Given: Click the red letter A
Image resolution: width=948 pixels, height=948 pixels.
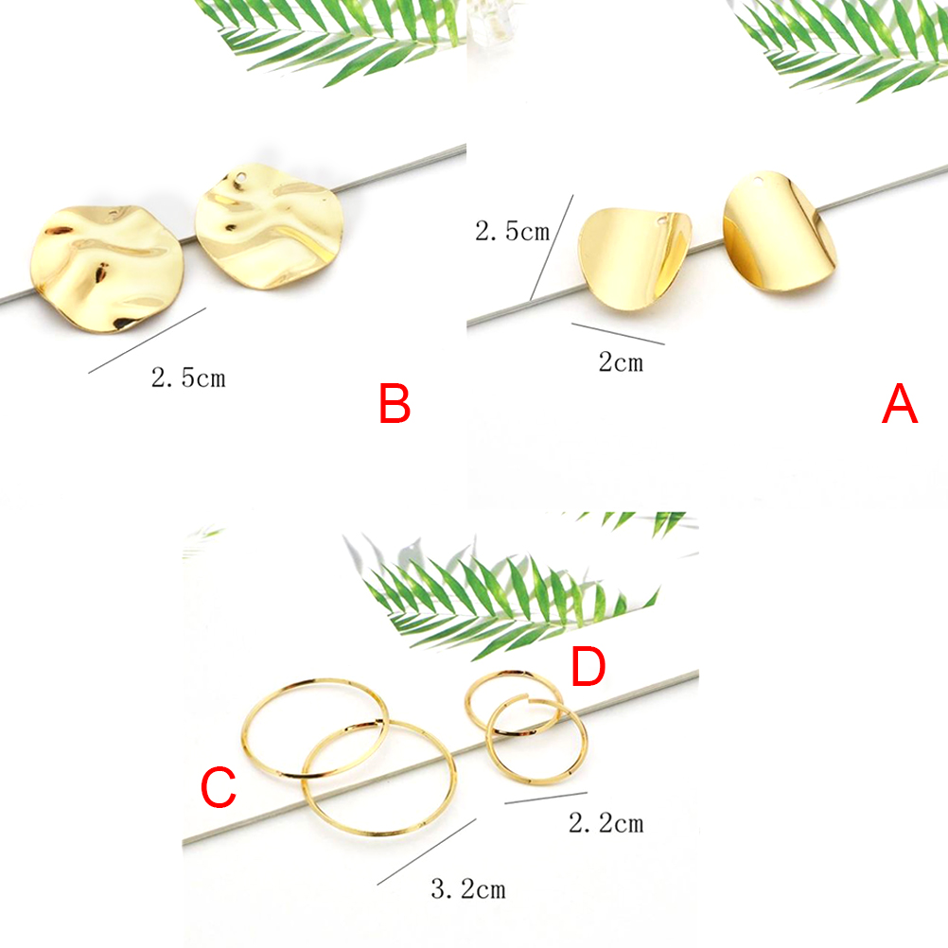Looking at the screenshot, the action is [900, 403].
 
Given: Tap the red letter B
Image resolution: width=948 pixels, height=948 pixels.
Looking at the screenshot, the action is [395, 403].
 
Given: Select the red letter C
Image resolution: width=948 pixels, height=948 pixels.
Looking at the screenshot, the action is [218, 786].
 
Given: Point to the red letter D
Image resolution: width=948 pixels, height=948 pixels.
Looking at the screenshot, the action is [588, 666].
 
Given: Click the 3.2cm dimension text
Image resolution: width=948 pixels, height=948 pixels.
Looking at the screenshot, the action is [468, 889].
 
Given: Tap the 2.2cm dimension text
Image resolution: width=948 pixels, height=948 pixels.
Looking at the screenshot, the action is [606, 823].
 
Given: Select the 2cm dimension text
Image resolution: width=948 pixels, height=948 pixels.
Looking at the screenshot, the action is [621, 362].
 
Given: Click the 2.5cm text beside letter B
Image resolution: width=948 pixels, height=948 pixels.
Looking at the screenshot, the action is [188, 377].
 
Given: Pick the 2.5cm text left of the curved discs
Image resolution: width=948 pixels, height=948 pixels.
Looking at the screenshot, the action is [513, 232].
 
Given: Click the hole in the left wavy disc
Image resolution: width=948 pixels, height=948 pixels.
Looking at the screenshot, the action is [114, 214].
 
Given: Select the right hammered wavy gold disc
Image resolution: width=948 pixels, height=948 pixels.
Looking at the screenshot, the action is [269, 225].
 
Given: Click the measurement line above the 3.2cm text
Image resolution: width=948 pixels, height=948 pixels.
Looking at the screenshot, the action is [427, 851].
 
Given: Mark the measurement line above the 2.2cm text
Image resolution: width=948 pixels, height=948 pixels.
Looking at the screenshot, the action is [546, 798].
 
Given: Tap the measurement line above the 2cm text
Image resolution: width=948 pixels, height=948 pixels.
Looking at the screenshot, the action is [618, 334].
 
